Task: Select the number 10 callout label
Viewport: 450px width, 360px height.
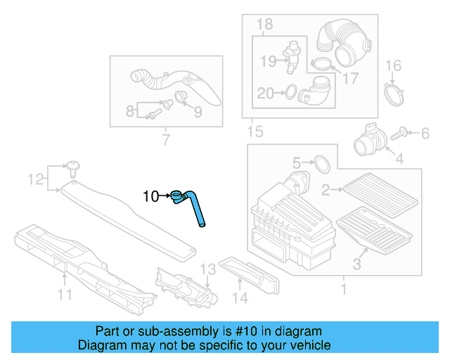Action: tap(151, 196)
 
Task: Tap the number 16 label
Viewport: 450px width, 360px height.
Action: tap(393, 66)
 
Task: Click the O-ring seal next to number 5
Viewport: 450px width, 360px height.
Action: tap(319, 164)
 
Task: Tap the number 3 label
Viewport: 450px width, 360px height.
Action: tap(356, 264)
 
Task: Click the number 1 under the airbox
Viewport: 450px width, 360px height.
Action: tap(343, 289)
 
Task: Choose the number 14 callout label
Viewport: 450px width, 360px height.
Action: tap(240, 298)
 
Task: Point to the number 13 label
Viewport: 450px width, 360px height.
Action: tap(207, 270)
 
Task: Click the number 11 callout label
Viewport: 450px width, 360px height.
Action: tap(65, 295)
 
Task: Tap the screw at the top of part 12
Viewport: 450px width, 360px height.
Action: tap(72, 167)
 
